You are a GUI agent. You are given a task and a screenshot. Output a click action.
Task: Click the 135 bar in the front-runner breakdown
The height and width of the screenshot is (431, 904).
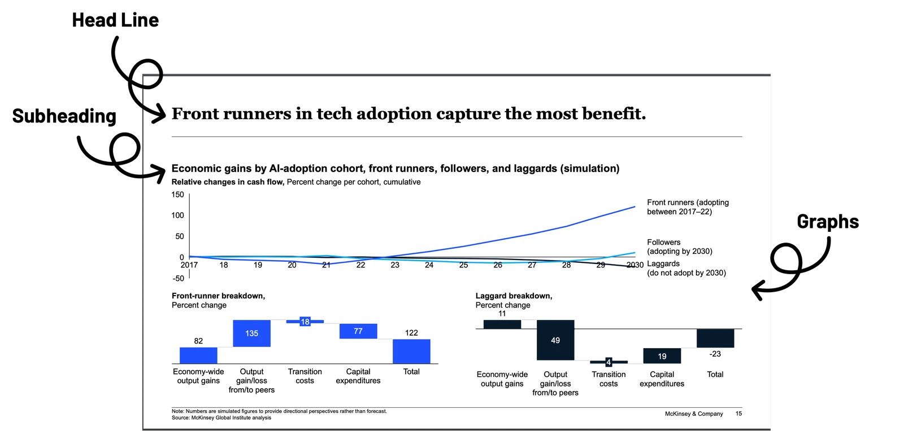point(251,333)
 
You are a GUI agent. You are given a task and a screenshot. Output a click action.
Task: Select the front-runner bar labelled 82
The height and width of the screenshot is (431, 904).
point(198,355)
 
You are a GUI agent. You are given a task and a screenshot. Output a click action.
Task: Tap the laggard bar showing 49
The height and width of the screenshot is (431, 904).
point(555,340)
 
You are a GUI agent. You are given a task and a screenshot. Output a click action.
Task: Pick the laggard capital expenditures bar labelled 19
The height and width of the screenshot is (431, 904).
point(662,356)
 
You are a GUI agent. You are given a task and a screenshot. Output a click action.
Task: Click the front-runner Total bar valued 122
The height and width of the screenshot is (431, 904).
point(411,351)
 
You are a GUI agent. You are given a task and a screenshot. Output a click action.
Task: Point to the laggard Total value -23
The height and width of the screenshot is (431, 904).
point(715,354)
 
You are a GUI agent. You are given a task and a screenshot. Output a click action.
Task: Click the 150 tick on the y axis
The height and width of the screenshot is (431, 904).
point(178,195)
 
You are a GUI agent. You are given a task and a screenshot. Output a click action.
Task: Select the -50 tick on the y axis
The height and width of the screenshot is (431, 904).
point(178,278)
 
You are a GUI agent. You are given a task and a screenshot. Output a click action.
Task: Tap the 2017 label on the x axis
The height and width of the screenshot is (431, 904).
point(189,265)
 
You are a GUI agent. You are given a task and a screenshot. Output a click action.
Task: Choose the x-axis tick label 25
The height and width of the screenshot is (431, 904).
point(463,265)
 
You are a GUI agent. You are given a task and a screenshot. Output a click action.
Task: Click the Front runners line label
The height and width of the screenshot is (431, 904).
point(688,207)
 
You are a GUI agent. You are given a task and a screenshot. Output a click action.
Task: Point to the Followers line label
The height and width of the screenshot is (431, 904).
point(679,247)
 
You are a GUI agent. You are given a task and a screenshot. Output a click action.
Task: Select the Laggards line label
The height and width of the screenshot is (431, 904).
point(686,268)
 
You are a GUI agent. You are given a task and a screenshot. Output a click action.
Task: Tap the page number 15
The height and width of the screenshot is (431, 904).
point(738,414)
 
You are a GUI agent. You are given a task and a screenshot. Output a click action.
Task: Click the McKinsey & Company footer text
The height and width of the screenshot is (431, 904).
point(694,414)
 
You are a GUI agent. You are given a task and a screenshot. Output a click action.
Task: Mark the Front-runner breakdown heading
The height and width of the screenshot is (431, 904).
point(218,296)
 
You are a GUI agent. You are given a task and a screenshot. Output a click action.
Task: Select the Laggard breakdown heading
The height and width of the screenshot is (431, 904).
point(514,296)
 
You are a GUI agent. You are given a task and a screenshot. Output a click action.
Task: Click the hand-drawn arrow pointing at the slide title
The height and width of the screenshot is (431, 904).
point(154,113)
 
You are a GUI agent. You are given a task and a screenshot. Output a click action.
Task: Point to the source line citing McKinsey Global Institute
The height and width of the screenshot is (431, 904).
point(221,418)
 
